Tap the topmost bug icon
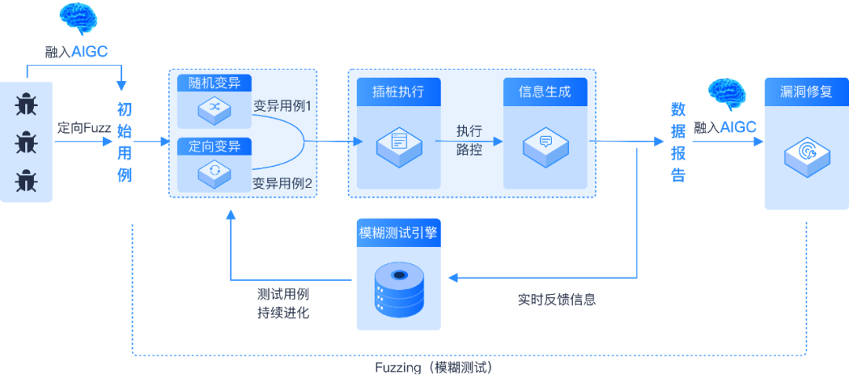point(27,105)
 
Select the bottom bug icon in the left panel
point(27,180)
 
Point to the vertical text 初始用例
point(124,142)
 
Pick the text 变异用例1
point(282,105)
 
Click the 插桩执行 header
point(398,91)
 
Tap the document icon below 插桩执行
point(399,143)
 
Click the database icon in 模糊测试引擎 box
point(399,288)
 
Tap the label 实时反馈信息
point(556,300)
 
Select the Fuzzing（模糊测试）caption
point(433,367)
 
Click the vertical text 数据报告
point(678,142)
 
